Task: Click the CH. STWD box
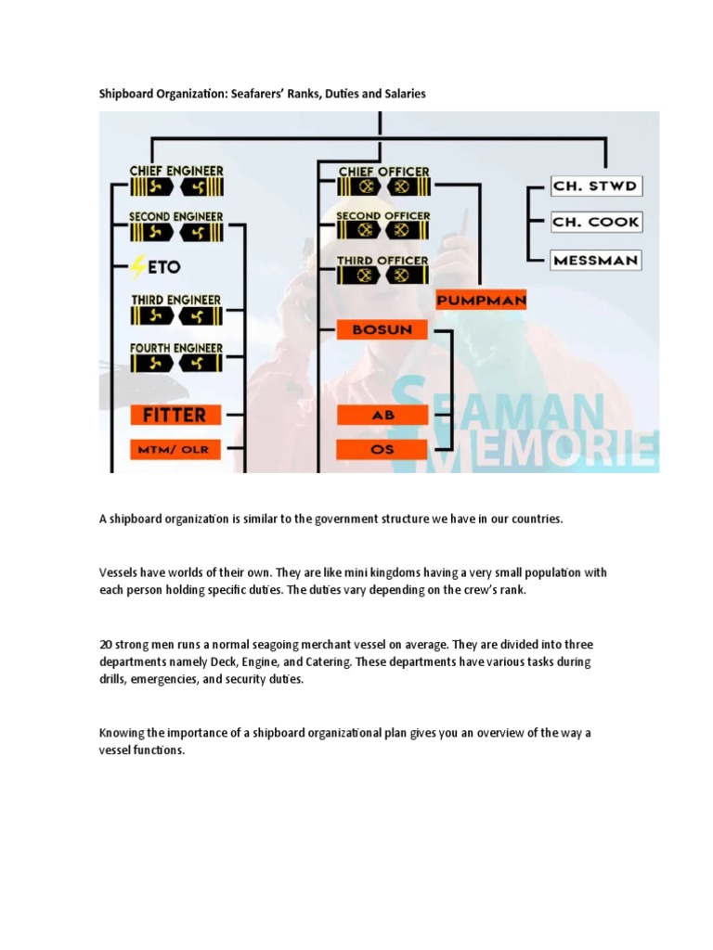pos(595,186)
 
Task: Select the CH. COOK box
pos(595,223)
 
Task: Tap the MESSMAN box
pos(595,260)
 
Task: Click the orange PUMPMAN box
pos(481,300)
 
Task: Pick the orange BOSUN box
pos(382,329)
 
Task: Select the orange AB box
pos(382,415)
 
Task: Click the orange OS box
pos(382,449)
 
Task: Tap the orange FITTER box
pos(175,414)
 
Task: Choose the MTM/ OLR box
pos(175,449)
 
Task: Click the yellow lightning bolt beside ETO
pos(139,267)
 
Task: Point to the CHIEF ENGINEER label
pos(176,171)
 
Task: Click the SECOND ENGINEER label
pos(176,217)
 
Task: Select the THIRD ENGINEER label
pos(176,300)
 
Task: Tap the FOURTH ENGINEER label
pos(176,348)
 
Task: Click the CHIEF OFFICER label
pos(383,172)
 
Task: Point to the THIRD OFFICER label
pos(382,261)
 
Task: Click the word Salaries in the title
pos(403,94)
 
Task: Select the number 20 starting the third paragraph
pos(106,645)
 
